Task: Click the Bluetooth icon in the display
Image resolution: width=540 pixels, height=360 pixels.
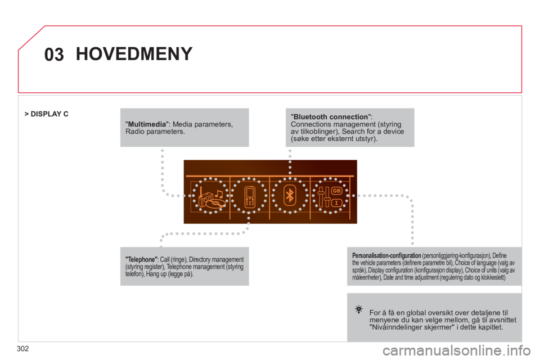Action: (290, 195)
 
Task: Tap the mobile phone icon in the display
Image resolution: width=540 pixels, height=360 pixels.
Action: (250, 196)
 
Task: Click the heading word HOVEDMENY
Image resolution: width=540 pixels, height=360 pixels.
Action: (134, 55)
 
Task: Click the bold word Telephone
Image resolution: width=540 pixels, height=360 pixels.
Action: (142, 259)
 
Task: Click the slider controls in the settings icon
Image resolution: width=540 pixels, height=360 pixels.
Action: (323, 196)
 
